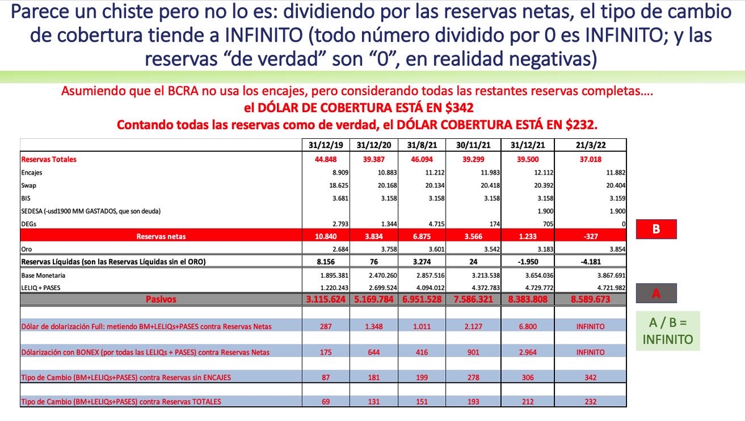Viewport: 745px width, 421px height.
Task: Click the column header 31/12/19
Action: coord(325,145)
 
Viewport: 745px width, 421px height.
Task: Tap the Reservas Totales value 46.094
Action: coord(422,159)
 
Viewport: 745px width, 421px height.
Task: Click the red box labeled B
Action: coord(656,229)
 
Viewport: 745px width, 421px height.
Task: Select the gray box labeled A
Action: coord(656,293)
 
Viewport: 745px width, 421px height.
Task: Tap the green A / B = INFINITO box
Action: coord(668,330)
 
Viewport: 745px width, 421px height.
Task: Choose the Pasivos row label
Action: coord(161,299)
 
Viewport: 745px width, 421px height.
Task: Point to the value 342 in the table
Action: coord(590,377)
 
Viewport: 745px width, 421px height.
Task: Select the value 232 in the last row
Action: coord(590,402)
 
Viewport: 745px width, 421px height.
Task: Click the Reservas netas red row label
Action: coord(161,236)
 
